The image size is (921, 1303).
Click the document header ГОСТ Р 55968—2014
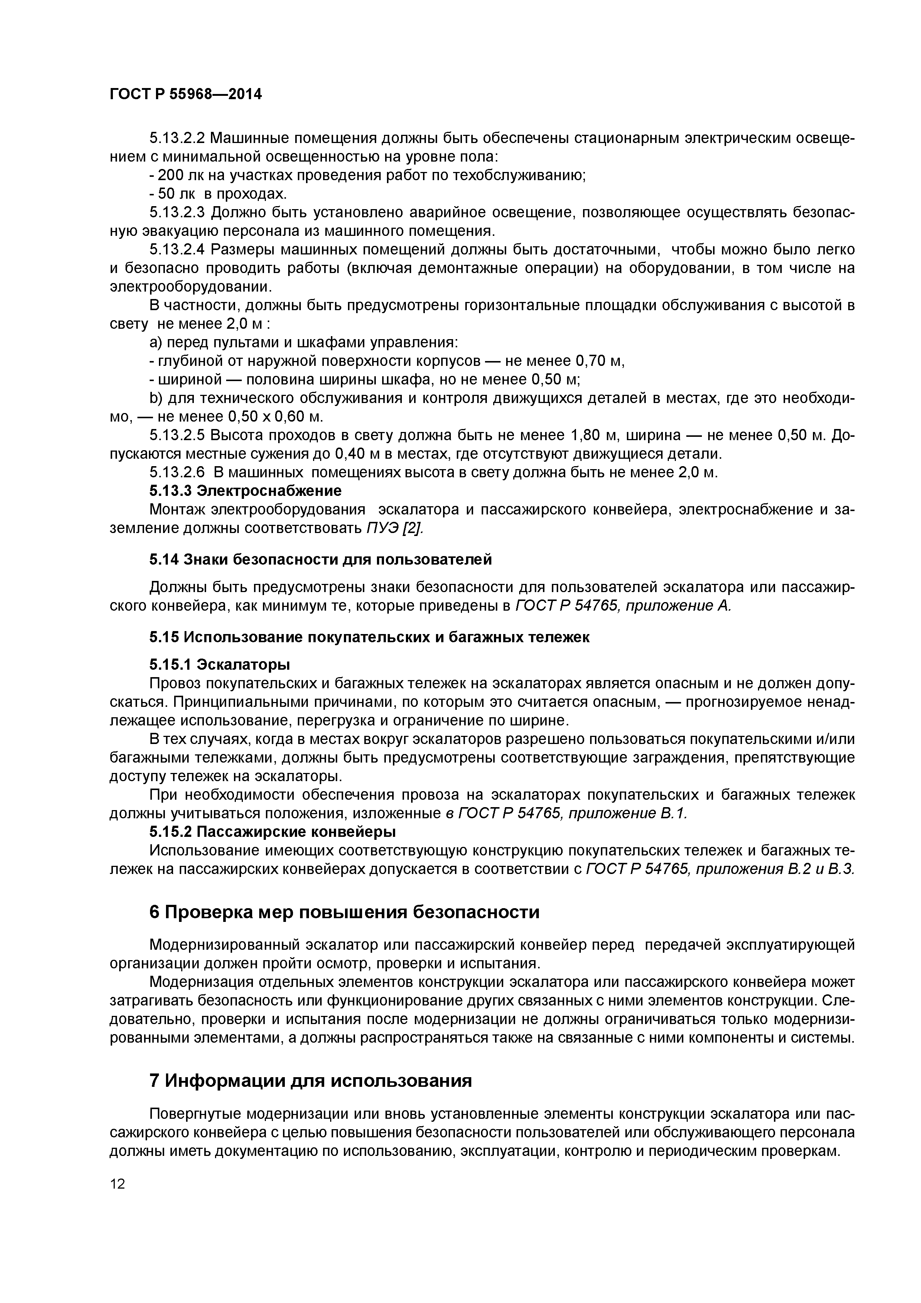pos(186,94)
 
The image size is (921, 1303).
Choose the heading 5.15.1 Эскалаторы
pos(219,664)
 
